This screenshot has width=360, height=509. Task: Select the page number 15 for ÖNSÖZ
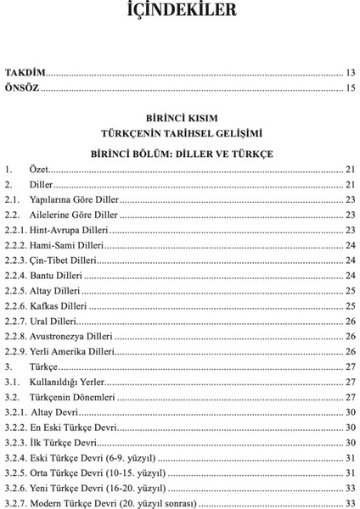click(348, 87)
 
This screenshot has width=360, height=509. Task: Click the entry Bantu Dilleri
click(57, 276)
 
